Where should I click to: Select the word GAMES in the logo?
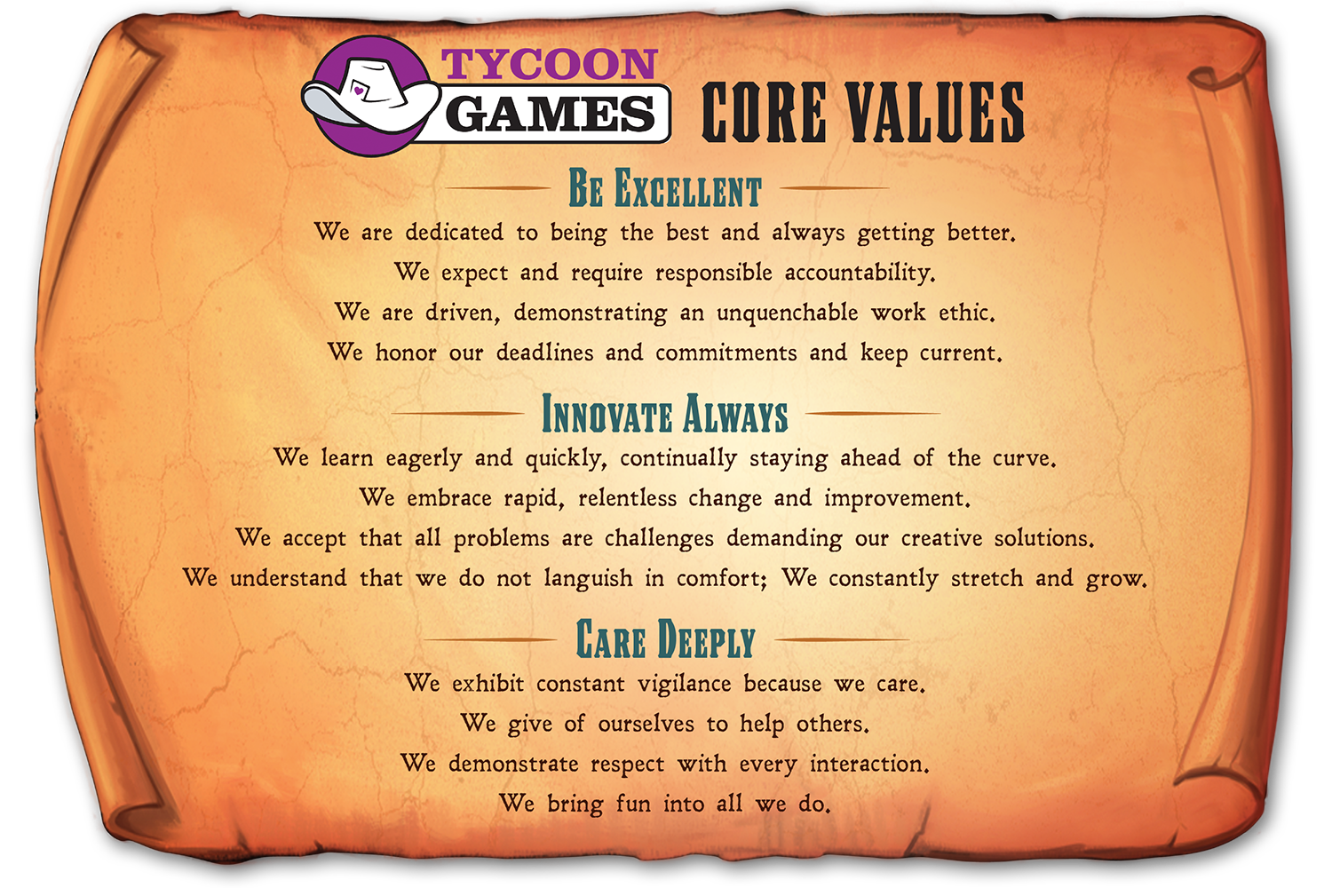point(551,114)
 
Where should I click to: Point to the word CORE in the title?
point(764,113)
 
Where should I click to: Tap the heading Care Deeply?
point(665,638)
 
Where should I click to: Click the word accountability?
point(860,273)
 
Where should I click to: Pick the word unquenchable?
point(788,313)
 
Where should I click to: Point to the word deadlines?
point(544,353)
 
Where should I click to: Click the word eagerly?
point(424,458)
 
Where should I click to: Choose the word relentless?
point(627,498)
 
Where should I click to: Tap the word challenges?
point(659,539)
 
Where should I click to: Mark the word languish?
point(588,578)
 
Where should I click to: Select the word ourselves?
point(646,725)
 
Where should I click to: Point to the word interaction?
point(869,764)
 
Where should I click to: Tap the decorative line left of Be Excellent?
point(498,187)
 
